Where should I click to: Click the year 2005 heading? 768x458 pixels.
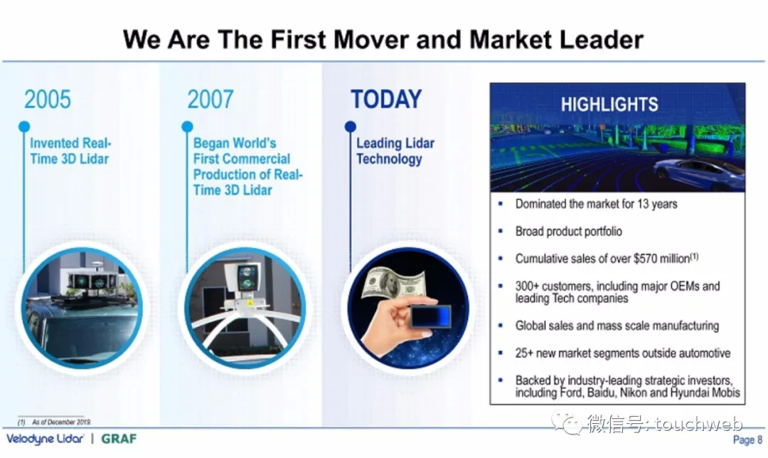coord(48,100)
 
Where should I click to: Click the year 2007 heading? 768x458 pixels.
coord(210,100)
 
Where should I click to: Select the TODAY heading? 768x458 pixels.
coord(386,100)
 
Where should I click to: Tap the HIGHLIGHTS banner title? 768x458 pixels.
coord(609,105)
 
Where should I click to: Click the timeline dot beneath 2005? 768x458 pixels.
coord(24,127)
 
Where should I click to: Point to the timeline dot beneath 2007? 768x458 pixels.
coord(187,127)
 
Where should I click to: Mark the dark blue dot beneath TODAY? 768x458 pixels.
coord(350,127)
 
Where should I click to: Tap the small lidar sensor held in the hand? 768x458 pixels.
coord(430,316)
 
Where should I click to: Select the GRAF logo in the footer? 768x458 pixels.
coord(119,438)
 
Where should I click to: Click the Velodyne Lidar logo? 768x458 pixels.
coord(45,439)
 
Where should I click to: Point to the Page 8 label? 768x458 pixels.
coord(747,440)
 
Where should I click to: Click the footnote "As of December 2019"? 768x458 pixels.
coord(62,422)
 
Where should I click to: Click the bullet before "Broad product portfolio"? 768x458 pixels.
coord(500,231)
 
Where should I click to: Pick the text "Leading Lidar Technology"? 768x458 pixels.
coord(395,151)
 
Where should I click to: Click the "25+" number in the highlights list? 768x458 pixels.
coord(524,353)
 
